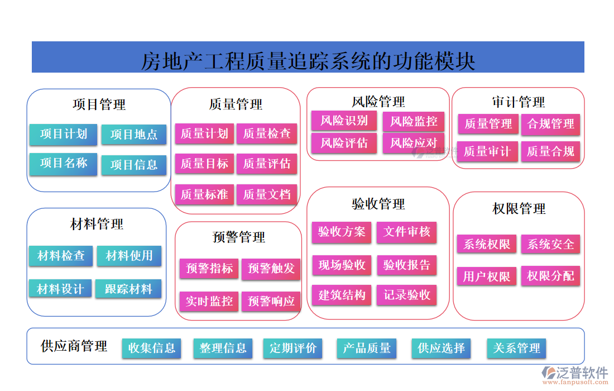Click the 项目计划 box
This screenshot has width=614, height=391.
tap(63, 134)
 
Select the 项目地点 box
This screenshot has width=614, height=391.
tap(134, 135)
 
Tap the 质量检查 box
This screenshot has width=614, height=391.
tap(267, 133)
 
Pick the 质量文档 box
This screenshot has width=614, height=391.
tap(267, 194)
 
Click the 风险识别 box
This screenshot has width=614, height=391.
tap(344, 121)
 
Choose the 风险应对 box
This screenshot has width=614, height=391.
tap(414, 143)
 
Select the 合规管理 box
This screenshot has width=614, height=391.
tap(551, 124)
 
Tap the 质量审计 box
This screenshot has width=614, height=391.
tap(487, 151)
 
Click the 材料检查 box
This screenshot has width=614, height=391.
tap(61, 256)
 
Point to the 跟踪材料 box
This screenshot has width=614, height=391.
tap(128, 289)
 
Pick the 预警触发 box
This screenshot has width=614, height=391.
tap(271, 269)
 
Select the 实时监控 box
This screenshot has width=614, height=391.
tap(209, 302)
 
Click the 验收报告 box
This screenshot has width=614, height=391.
tap(407, 265)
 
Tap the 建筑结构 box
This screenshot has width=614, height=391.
tap(342, 295)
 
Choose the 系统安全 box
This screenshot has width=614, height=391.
tap(551, 244)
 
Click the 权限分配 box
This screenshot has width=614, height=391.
tap(550, 276)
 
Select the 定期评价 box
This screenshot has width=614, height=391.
tap(293, 348)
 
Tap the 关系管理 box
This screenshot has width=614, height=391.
tap(516, 348)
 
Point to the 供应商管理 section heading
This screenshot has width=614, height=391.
tap(74, 346)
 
